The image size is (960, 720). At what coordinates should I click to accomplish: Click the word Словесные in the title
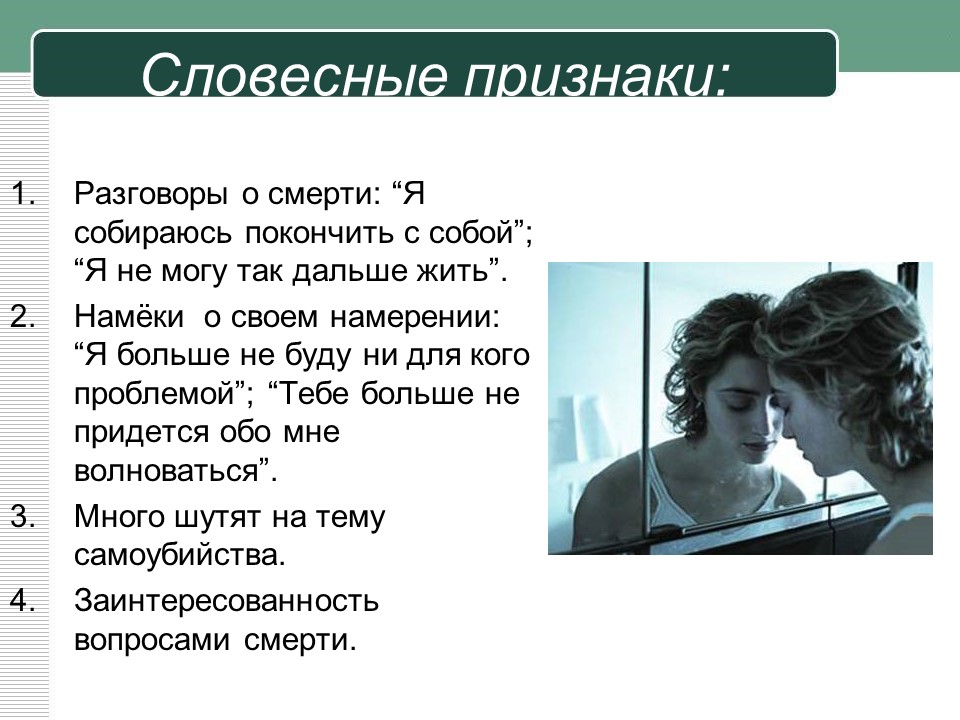pyautogui.click(x=294, y=75)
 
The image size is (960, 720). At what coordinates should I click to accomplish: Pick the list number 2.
pyautogui.click(x=22, y=317)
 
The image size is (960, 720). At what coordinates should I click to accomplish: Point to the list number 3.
pyautogui.click(x=22, y=517)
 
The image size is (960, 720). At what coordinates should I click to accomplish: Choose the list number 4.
pyautogui.click(x=22, y=601)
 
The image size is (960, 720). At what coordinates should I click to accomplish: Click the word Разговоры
pyautogui.click(x=150, y=196)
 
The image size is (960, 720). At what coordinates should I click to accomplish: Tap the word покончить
pyautogui.click(x=318, y=233)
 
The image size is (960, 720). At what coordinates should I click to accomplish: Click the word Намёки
pyautogui.click(x=129, y=316)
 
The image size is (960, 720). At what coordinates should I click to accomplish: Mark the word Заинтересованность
pyautogui.click(x=227, y=602)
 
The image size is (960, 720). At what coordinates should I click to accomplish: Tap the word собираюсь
pyautogui.click(x=153, y=234)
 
